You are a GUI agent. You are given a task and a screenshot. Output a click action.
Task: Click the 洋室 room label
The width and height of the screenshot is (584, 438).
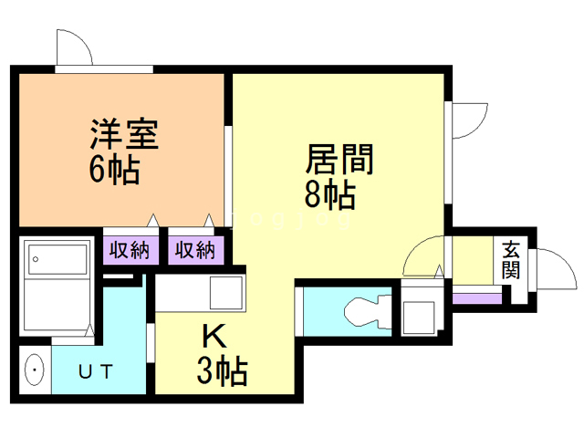125,135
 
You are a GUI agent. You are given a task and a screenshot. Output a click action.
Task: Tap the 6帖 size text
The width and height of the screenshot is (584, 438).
115,169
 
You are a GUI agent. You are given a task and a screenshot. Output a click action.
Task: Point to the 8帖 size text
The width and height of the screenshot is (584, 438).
330,194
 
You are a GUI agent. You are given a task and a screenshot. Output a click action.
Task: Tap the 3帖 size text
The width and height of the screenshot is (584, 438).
223,370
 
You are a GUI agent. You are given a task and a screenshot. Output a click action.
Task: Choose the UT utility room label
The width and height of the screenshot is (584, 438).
95,371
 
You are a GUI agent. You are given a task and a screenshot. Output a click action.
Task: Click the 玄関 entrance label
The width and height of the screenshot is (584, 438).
511,259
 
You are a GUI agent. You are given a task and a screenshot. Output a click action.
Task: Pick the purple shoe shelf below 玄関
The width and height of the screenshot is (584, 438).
477,297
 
